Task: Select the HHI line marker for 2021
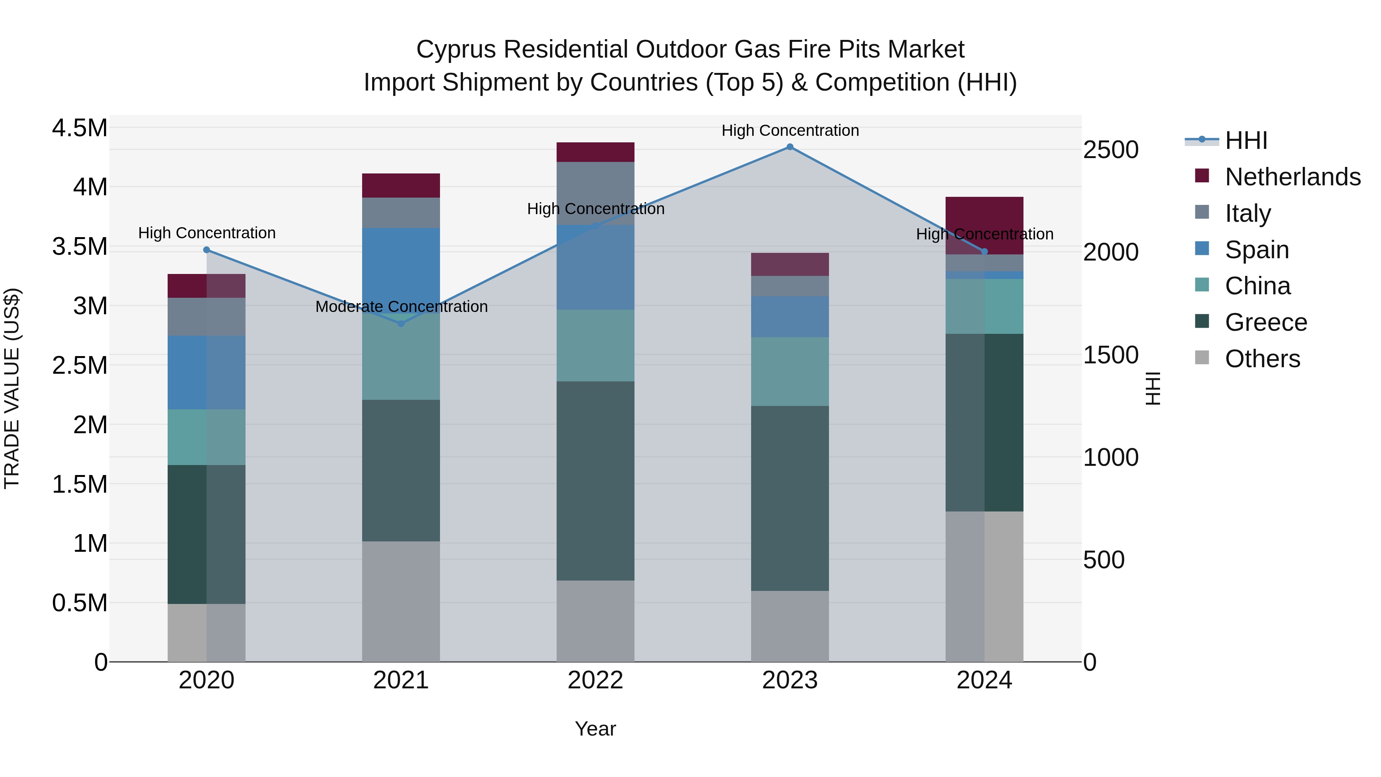coord(401,323)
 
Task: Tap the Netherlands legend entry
coord(1292,177)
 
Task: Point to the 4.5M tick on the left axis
coord(79,129)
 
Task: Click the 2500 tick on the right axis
coord(1110,150)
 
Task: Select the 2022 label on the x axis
coord(595,680)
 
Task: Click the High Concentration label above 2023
coord(790,130)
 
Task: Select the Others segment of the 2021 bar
coord(401,601)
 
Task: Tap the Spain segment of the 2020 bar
coord(206,373)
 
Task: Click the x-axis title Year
coord(595,729)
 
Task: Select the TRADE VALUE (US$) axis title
coord(12,388)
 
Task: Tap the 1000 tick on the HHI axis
coord(1110,457)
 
